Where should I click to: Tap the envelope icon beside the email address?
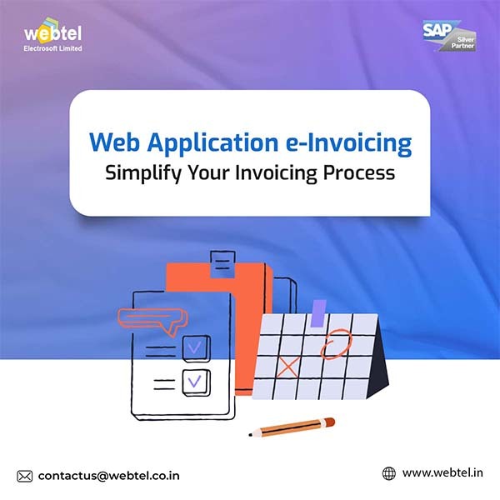(x=25, y=476)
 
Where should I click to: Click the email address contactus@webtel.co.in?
(x=108, y=476)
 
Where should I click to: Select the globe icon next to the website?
(x=388, y=473)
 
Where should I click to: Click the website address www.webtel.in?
(x=442, y=473)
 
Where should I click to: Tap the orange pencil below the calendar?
(x=292, y=427)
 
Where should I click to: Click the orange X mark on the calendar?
(x=288, y=366)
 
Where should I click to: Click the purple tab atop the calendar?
(x=318, y=312)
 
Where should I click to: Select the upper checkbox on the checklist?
(x=196, y=344)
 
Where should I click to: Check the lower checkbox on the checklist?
(x=196, y=382)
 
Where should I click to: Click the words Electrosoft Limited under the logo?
(x=53, y=48)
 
